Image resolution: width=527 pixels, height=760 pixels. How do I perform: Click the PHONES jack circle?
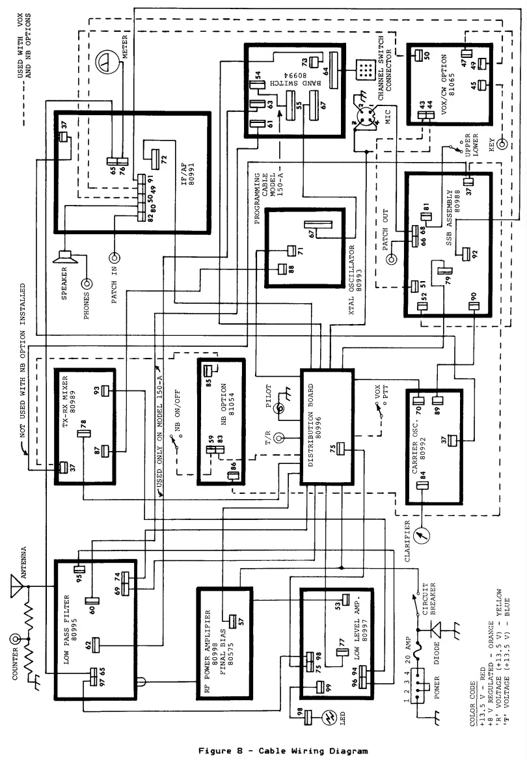87,284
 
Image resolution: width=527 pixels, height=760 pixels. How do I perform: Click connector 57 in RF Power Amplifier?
231,619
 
